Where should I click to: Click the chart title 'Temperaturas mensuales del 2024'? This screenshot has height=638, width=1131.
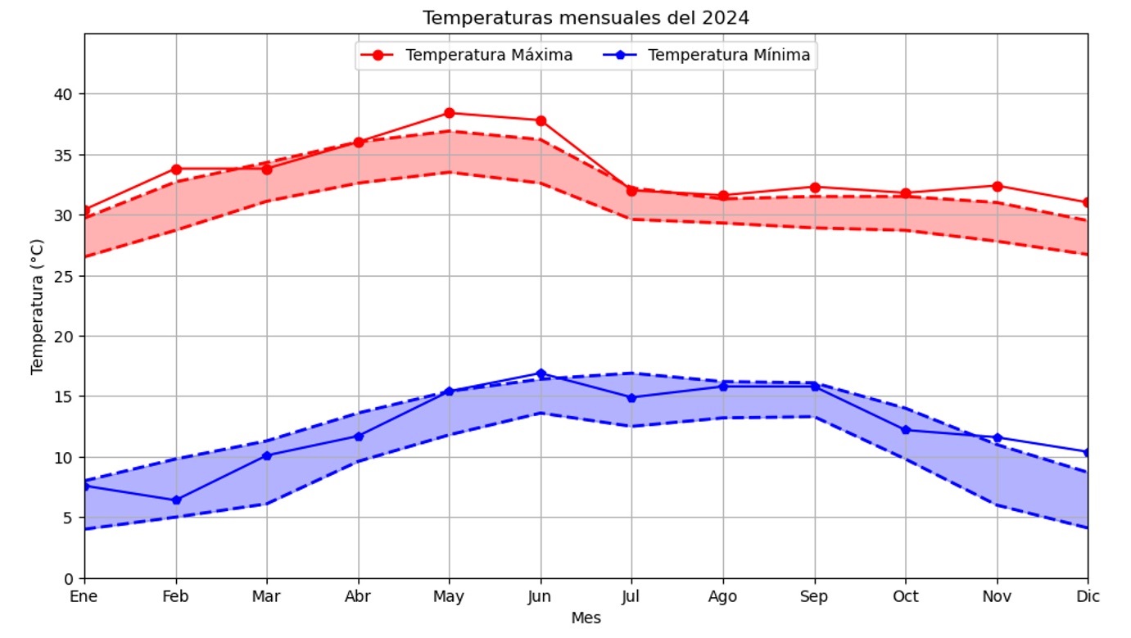(x=586, y=17)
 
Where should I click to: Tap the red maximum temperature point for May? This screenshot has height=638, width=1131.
(x=450, y=113)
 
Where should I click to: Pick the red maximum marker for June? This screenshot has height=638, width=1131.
(x=541, y=120)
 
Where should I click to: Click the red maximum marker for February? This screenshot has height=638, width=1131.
(x=176, y=169)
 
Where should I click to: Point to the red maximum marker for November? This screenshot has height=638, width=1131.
(x=997, y=186)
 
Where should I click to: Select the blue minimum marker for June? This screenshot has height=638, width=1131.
(x=541, y=373)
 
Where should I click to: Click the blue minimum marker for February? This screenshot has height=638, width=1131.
(x=176, y=500)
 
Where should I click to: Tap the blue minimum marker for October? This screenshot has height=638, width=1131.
(x=906, y=430)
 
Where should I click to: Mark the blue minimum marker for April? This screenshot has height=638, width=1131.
(x=358, y=437)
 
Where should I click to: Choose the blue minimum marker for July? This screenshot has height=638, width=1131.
(x=631, y=398)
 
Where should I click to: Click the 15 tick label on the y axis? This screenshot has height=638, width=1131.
(x=65, y=396)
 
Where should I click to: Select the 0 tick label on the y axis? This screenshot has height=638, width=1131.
(x=69, y=578)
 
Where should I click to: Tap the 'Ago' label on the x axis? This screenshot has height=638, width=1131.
(x=722, y=597)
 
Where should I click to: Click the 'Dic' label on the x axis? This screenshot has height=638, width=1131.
(x=1088, y=597)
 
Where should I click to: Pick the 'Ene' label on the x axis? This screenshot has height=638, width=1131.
(x=84, y=597)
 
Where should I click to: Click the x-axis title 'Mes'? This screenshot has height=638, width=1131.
(x=586, y=618)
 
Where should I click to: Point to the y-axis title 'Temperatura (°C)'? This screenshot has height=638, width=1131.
(x=37, y=306)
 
